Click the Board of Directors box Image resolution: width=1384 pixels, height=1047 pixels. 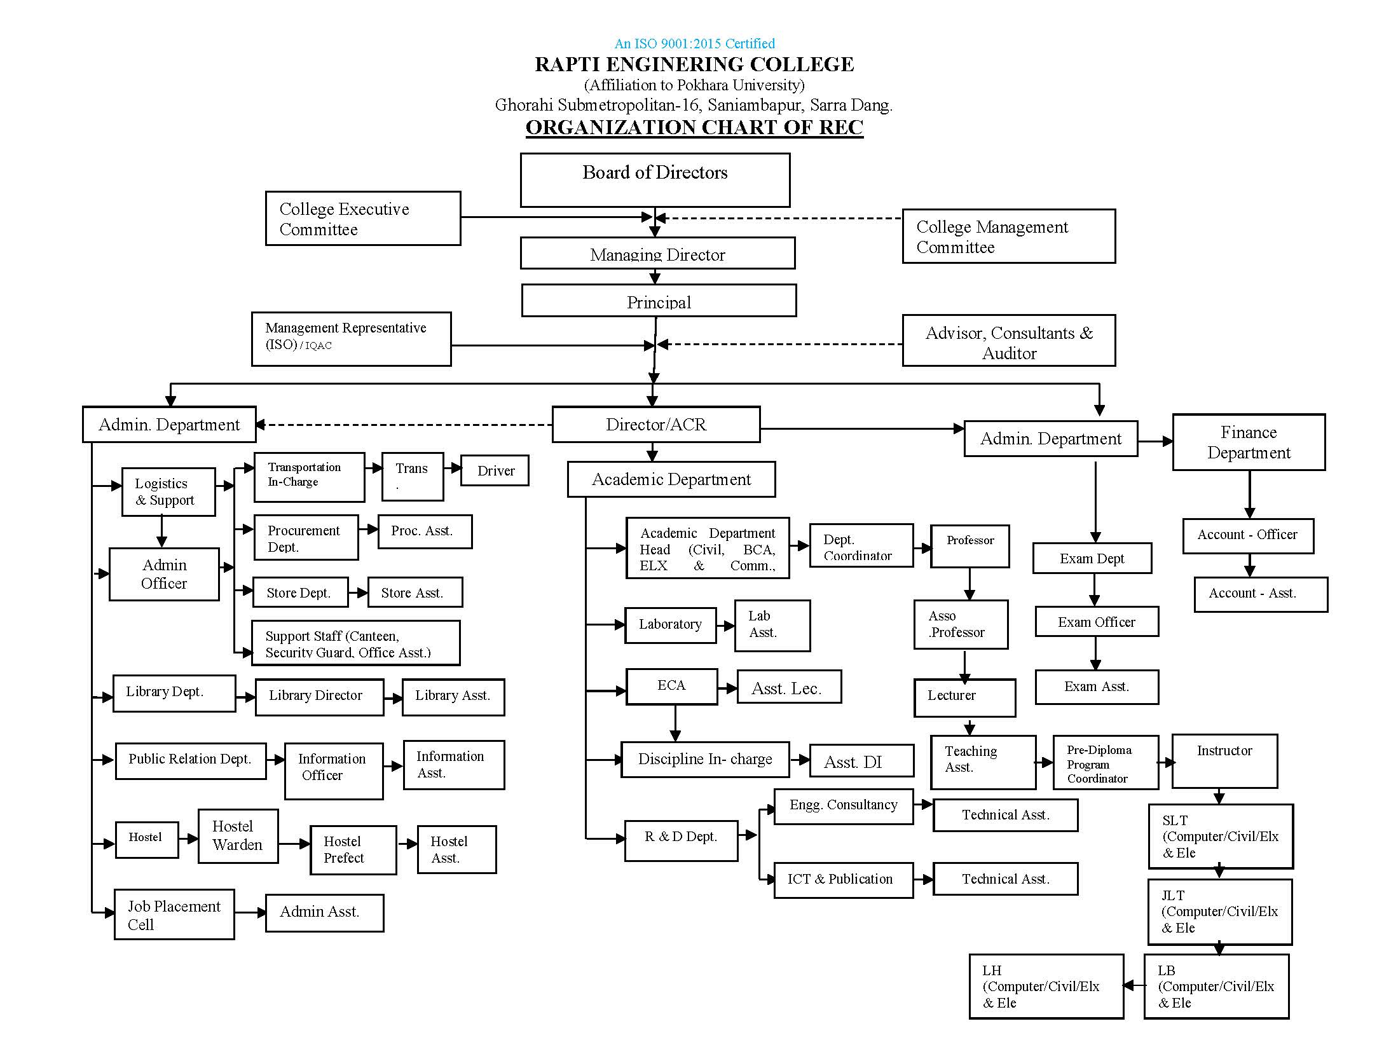pos(655,180)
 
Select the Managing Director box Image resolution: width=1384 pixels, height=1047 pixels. pos(657,254)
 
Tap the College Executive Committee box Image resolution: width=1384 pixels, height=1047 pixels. pos(362,218)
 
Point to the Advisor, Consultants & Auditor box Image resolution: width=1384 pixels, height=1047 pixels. pos(1008,341)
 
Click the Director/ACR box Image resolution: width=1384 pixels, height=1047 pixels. pos(655,425)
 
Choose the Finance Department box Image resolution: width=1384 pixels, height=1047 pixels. pos(1248,442)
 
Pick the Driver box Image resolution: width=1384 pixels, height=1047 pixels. pos(495,471)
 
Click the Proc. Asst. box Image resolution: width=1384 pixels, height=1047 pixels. pos(425,531)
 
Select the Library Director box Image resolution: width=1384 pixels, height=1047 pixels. pos(319,697)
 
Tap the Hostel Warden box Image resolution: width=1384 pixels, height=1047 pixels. pos(238,836)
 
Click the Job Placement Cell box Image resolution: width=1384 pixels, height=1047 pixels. pos(174,915)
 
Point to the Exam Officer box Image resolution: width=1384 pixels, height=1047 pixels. pos(1096,622)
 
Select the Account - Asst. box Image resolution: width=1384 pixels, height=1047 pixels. pos(1260,594)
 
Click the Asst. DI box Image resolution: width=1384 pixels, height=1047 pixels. pos(861,762)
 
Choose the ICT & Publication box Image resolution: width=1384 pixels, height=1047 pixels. pos(843,880)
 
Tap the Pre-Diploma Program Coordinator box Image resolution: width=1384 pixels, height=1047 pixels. pos(1105,763)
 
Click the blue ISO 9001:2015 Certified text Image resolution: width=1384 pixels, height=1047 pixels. pos(694,44)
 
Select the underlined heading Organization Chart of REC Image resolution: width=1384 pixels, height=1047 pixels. pos(694,127)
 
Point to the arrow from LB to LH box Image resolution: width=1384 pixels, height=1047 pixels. pos(1134,986)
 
